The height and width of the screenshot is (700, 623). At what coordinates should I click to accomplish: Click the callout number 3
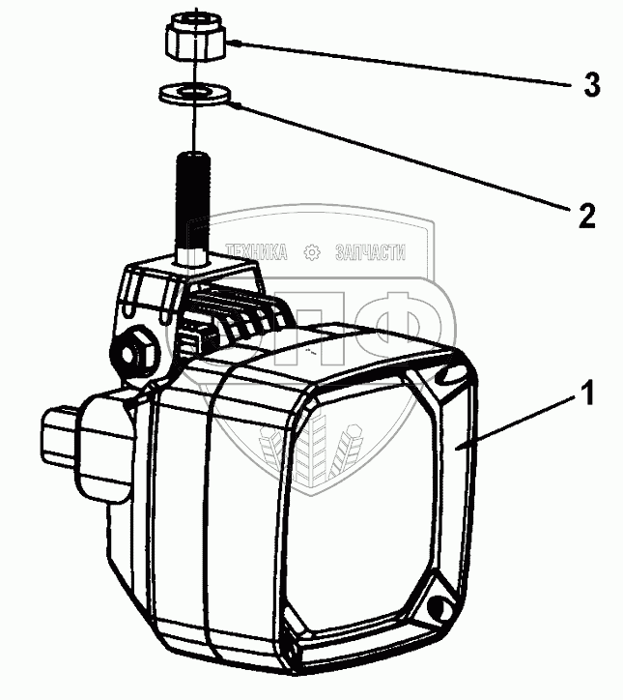pyautogui.click(x=592, y=85)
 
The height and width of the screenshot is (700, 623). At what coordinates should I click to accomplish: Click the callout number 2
pyautogui.click(x=587, y=216)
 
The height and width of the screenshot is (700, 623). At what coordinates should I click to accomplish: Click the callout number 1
pyautogui.click(x=587, y=393)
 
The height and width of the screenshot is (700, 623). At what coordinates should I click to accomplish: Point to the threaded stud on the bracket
pyautogui.click(x=193, y=207)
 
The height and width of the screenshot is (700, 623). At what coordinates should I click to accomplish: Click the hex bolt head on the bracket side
pyautogui.click(x=135, y=353)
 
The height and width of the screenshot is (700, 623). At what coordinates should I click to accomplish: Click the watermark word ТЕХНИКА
pyautogui.click(x=256, y=252)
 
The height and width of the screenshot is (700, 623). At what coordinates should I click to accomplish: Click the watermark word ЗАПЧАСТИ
pyautogui.click(x=370, y=252)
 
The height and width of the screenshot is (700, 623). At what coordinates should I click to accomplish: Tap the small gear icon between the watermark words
pyautogui.click(x=312, y=252)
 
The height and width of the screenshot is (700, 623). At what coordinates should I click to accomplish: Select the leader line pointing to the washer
pyautogui.click(x=402, y=157)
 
